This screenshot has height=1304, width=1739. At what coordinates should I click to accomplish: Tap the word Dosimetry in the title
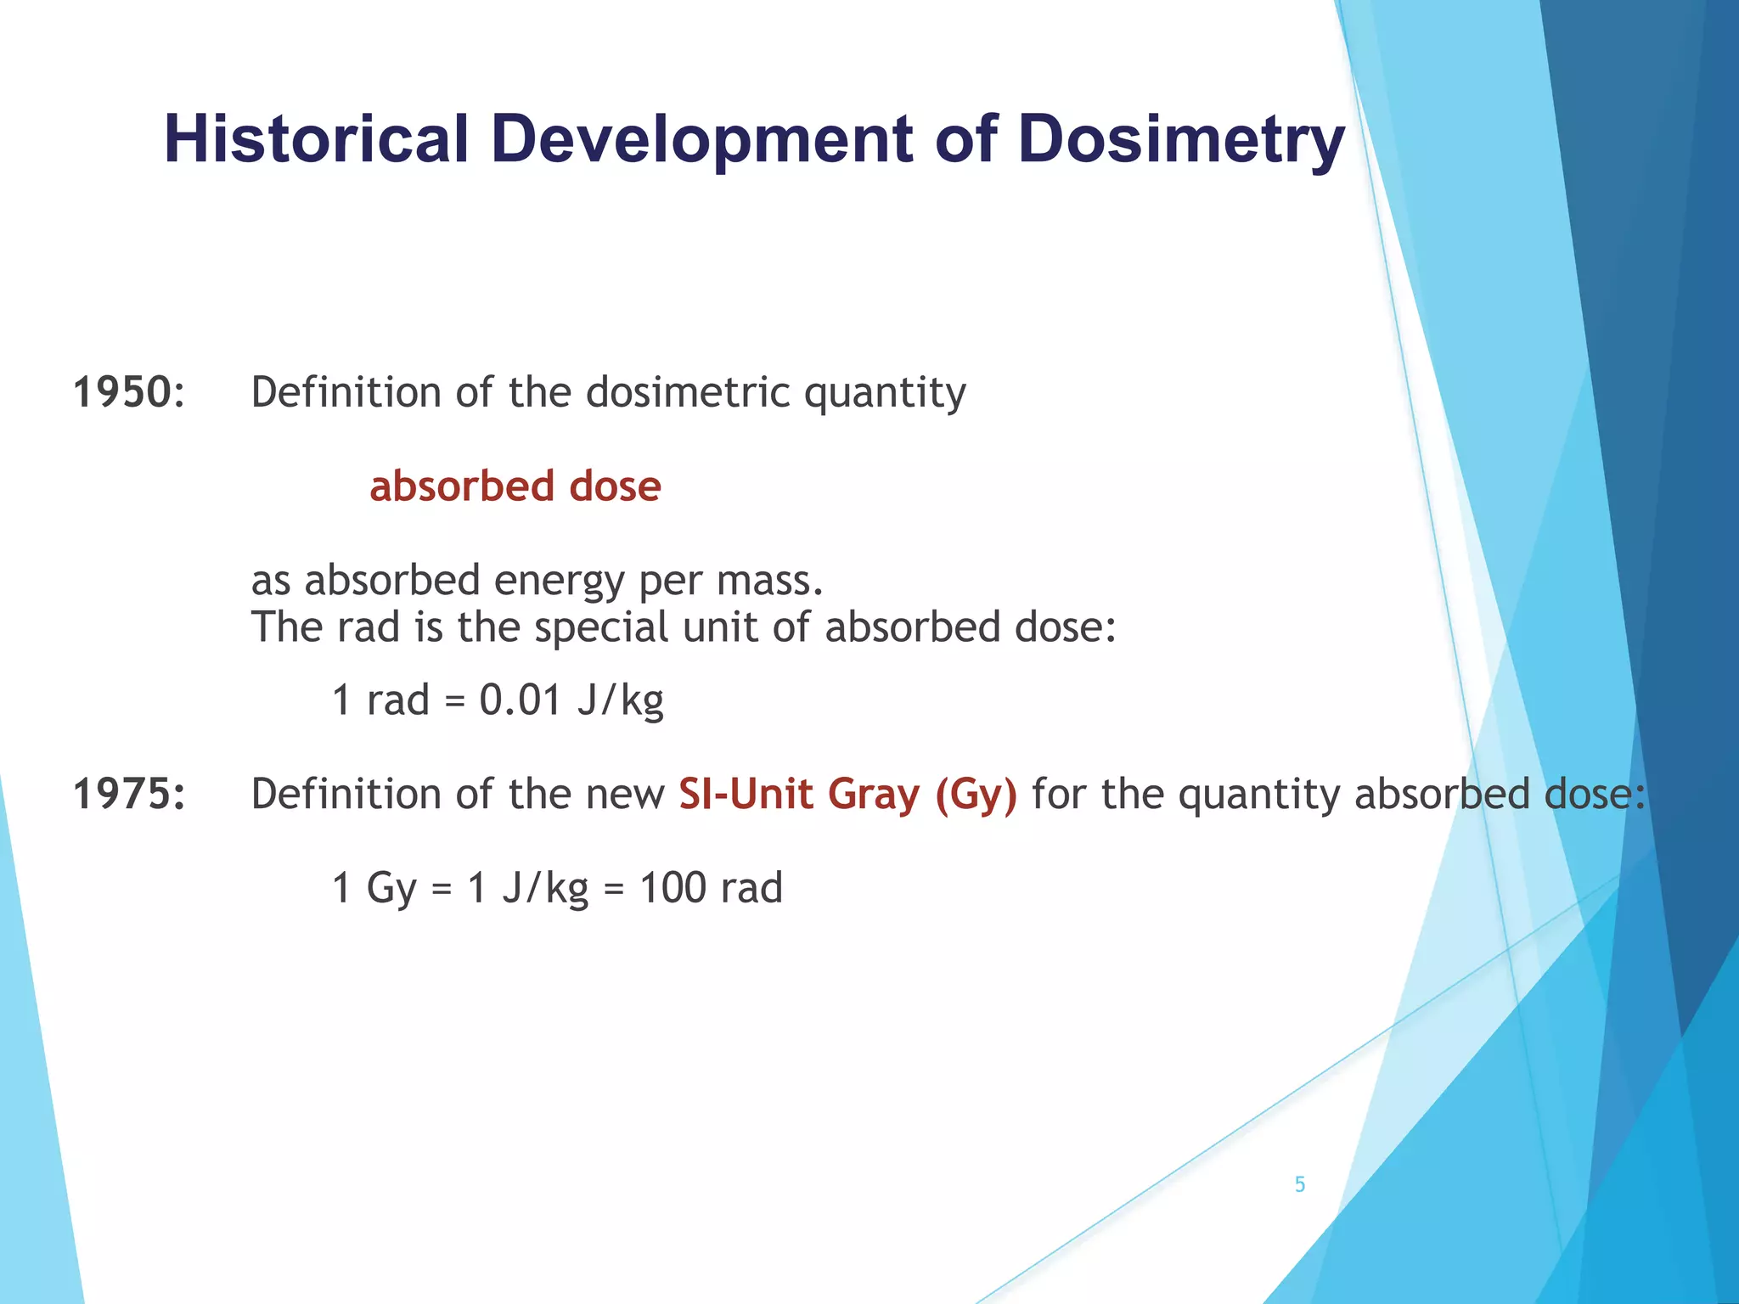pos(1181,140)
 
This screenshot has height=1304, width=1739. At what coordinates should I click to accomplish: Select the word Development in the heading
pos(701,140)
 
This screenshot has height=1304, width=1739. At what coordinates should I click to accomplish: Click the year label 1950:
pos(128,392)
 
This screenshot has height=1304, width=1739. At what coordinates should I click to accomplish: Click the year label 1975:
pos(128,795)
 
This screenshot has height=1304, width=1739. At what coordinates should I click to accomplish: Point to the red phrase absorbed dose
pos(515,486)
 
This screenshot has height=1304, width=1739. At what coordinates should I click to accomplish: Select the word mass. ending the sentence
pos(770,581)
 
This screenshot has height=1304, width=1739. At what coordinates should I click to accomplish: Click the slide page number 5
pos(1299,1184)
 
